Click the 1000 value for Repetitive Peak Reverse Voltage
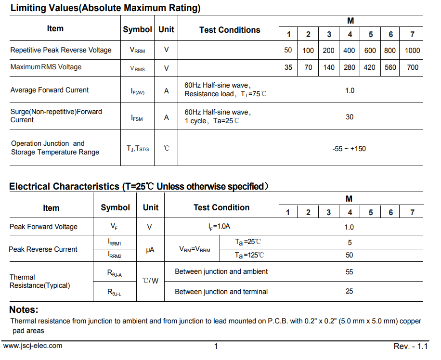[412, 51]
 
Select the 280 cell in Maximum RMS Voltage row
[350, 67]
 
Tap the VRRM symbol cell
[137, 50]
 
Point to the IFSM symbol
[137, 117]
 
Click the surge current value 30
[350, 116]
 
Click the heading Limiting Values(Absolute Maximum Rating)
[105, 8]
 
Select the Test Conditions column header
[230, 30]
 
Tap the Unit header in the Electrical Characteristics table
[150, 207]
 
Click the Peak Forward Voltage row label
[43, 227]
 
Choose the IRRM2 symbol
[115, 255]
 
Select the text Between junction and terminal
[221, 291]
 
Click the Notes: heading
[24, 309]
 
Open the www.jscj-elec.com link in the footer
[33, 346]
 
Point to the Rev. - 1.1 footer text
[410, 346]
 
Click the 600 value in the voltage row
[370, 51]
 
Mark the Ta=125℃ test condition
[249, 255]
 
